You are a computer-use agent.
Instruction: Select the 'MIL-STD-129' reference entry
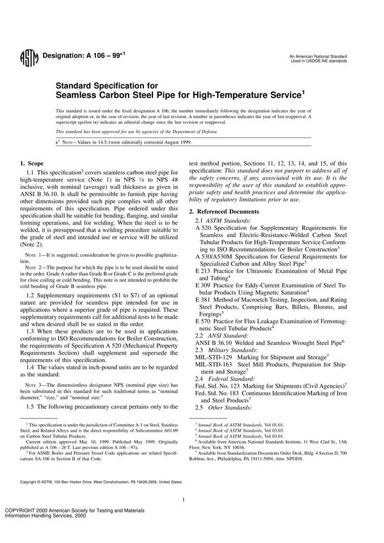(x=215, y=356)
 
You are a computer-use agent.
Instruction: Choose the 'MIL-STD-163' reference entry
(x=215, y=365)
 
